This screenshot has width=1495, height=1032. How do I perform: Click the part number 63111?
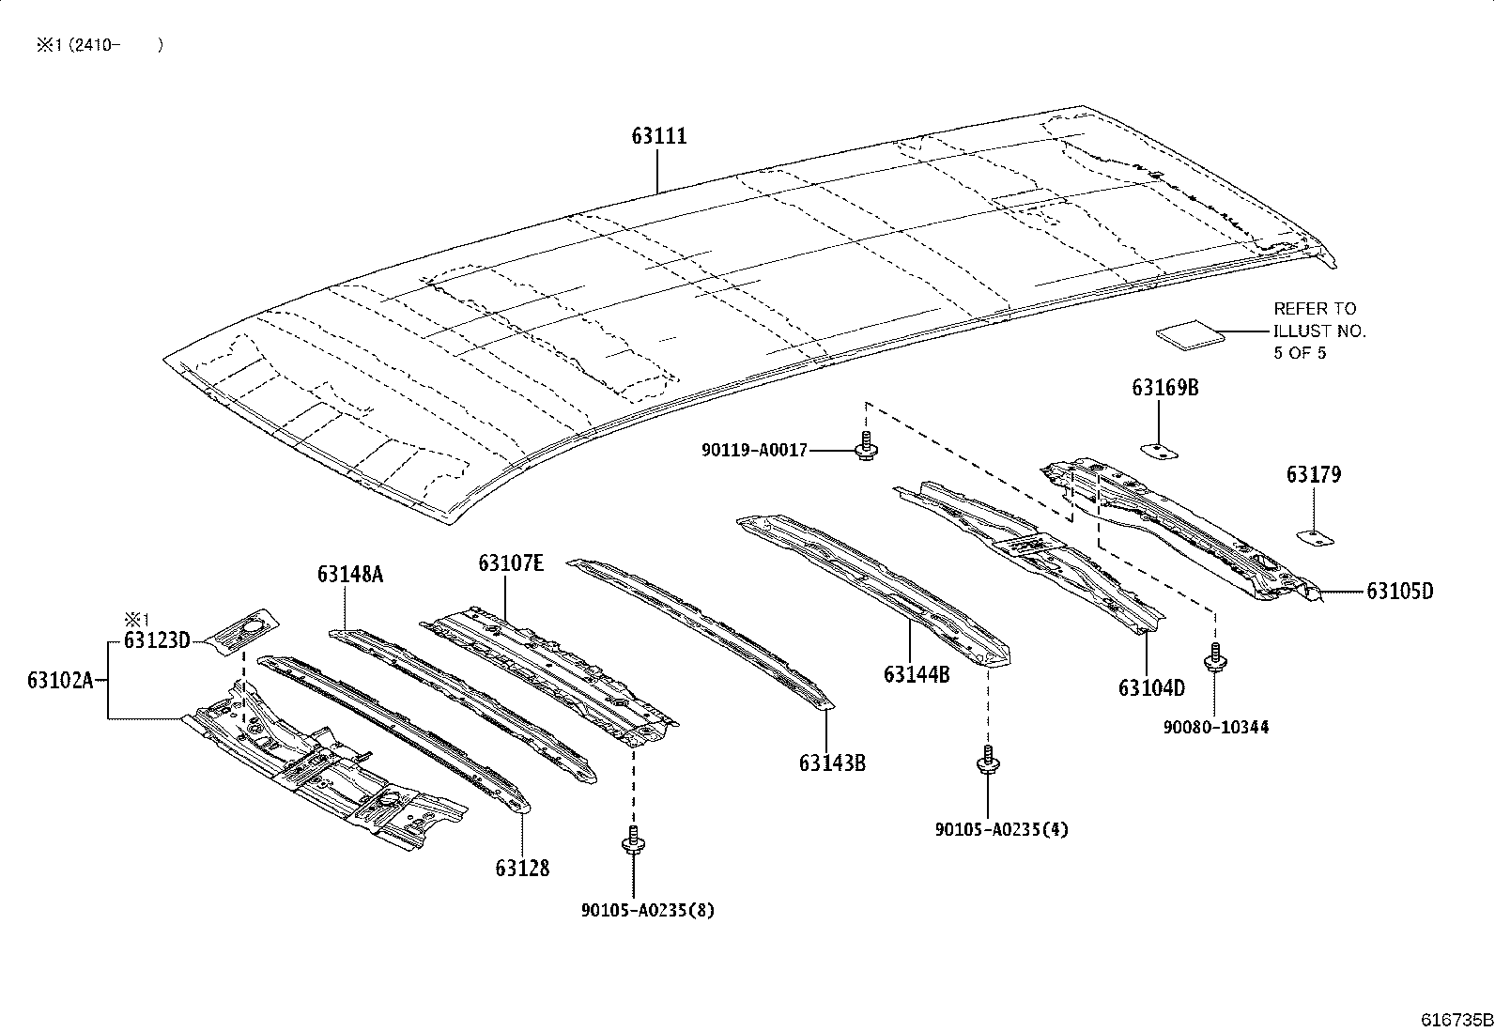658,136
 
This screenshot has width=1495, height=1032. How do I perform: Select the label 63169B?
1164,388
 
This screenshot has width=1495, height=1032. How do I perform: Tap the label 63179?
1313,475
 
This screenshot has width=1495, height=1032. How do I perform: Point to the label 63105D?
1399,592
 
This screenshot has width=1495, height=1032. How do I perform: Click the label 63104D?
1151,688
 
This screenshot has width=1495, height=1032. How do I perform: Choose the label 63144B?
917,674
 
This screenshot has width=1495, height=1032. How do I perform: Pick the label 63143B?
832,762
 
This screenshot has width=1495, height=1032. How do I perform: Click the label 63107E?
511,563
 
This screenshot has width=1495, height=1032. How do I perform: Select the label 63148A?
350,575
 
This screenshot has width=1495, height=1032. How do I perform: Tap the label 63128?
523,868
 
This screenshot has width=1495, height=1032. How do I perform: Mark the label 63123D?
157,640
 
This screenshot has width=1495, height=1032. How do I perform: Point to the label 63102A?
60,680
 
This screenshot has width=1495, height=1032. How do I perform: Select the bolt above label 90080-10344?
1216,657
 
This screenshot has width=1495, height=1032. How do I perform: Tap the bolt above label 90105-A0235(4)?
988,761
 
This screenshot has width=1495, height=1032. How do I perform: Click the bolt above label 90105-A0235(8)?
633,840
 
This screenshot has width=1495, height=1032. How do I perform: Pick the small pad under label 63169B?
1160,451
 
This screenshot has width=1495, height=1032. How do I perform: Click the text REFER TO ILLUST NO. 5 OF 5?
1318,331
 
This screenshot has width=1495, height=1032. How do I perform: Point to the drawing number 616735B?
1455,1020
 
